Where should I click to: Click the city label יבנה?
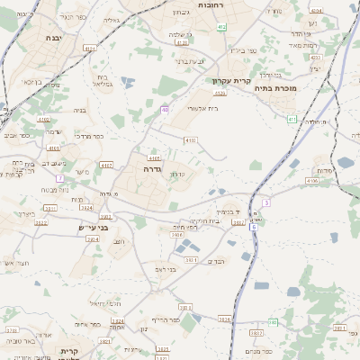tap(51, 38)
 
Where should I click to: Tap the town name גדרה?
tap(151, 168)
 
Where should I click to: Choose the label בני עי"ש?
tap(93, 228)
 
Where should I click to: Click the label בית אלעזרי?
tap(203, 107)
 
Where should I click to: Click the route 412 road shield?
tap(221, 27)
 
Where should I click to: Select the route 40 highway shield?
tap(165, 109)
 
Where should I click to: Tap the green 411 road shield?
tap(291, 119)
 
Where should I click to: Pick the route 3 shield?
tap(266, 202)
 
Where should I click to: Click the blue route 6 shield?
tap(254, 228)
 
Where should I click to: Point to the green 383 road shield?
tap(273, 322)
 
